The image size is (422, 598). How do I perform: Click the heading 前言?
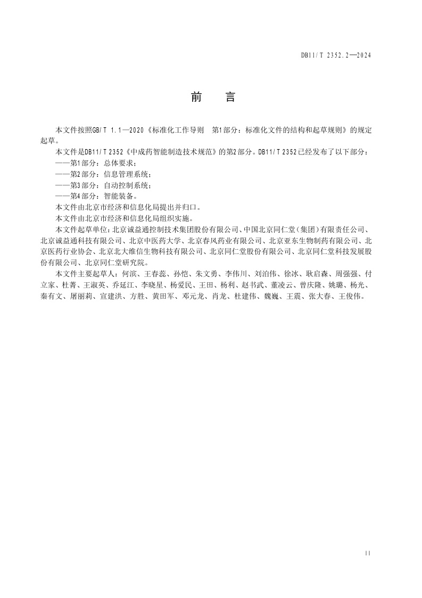[212, 97]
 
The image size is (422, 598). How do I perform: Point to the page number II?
[368, 553]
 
